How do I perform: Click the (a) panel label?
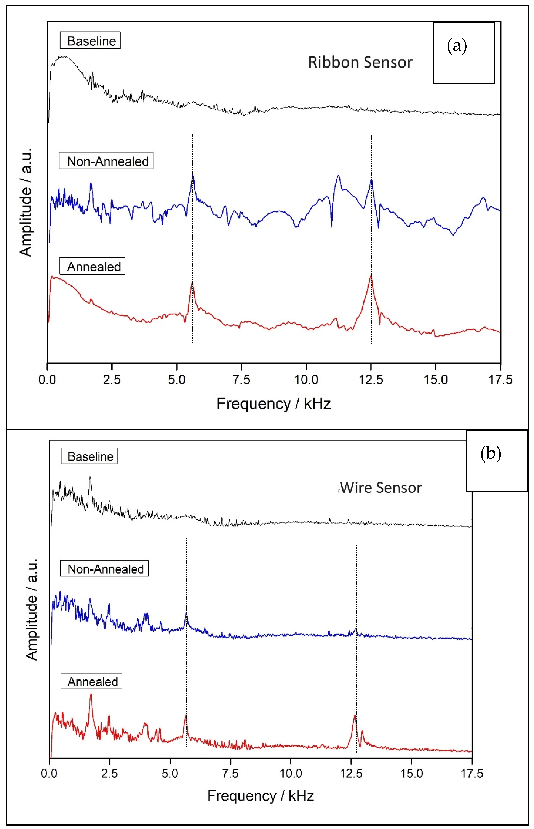pos(457,46)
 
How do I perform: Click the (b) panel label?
pos(490,453)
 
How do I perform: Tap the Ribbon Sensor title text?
pos(360,63)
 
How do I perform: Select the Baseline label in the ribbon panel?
pos(91,41)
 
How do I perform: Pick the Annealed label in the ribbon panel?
pos(93,267)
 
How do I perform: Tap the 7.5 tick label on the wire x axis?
pos(230,773)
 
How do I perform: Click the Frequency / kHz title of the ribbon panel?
pos(273,404)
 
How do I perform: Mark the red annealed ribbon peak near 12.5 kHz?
pos(370,277)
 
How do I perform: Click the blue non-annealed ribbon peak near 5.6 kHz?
pos(193,176)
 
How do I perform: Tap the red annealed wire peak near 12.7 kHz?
pos(355,716)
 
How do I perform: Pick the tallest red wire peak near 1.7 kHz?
pos(91,695)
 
